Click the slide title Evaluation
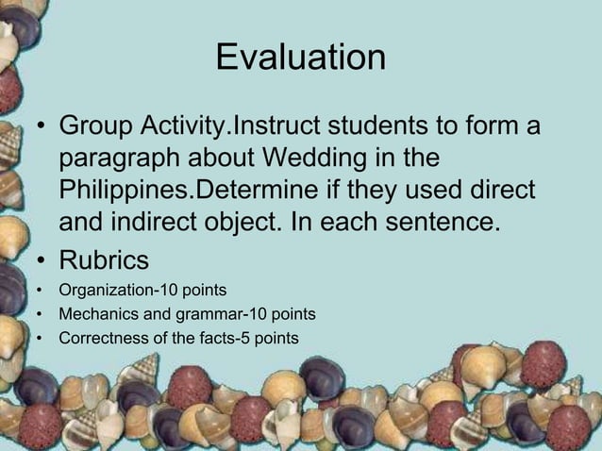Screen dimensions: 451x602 point(300,58)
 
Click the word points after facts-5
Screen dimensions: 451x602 point(274,336)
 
